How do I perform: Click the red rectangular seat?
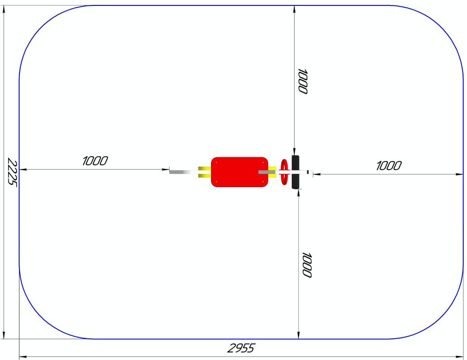pyautogui.click(x=240, y=172)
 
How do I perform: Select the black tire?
pyautogui.click(x=295, y=172)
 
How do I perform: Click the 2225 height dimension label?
pyautogui.click(x=12, y=172)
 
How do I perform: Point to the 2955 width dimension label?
pyautogui.click(x=241, y=348)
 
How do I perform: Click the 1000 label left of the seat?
pyautogui.click(x=94, y=161)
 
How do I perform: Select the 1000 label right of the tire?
pyautogui.click(x=389, y=166)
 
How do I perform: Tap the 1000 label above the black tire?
pyautogui.click(x=302, y=81)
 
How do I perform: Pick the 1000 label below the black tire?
pyautogui.click(x=307, y=265)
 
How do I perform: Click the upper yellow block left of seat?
pyautogui.click(x=204, y=168)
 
